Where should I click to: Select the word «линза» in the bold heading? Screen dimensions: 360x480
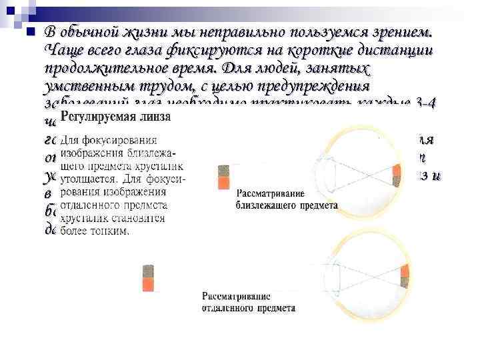155,117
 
